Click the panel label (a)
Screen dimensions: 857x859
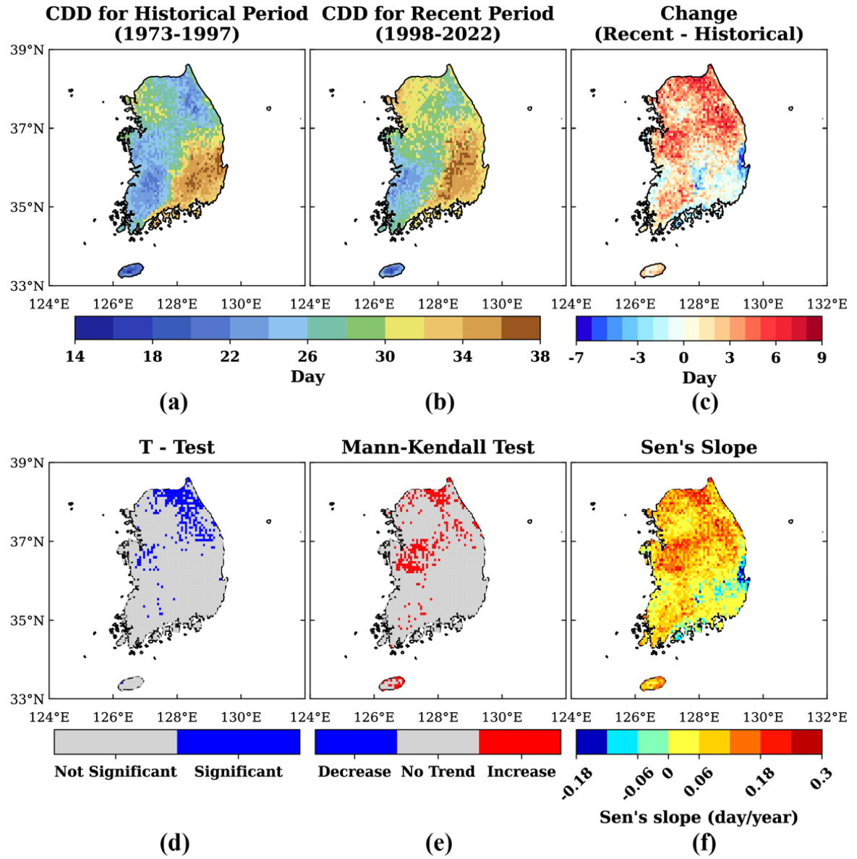174,403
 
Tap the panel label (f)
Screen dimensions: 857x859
702,844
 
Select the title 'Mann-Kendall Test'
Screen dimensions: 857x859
438,447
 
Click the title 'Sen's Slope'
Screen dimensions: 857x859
699,447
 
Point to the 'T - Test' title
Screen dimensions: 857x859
177,447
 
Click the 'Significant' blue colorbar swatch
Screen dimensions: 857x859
239,742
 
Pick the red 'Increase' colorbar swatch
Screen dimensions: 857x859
520,742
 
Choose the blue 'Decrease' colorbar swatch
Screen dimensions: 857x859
356,742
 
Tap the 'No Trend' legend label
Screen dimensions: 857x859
438,772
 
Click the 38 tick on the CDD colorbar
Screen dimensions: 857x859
540,356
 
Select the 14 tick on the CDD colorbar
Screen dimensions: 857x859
75,356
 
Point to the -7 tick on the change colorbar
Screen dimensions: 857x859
576,358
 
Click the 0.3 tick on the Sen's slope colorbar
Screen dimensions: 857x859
821,777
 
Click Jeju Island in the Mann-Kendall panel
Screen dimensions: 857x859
392,683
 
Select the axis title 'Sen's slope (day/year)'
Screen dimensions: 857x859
699,817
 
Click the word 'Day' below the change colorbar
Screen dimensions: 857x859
699,377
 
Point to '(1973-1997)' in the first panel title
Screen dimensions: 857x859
177,34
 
